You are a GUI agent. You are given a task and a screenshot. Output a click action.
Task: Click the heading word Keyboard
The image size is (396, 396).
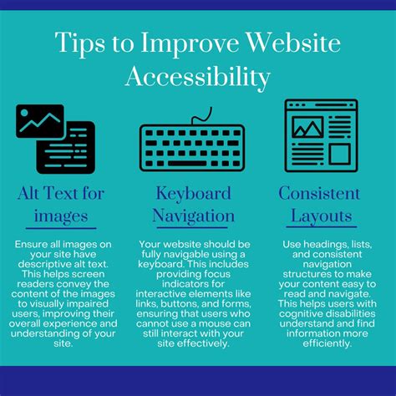(x=193, y=194)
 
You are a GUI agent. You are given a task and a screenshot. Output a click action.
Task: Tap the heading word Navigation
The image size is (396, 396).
(x=193, y=216)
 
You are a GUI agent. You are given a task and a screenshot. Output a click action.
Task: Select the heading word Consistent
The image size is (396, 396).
(x=318, y=194)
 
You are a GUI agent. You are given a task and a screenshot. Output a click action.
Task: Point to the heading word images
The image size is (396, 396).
(x=60, y=216)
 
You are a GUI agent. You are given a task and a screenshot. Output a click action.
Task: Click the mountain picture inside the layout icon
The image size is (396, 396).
(x=307, y=127)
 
